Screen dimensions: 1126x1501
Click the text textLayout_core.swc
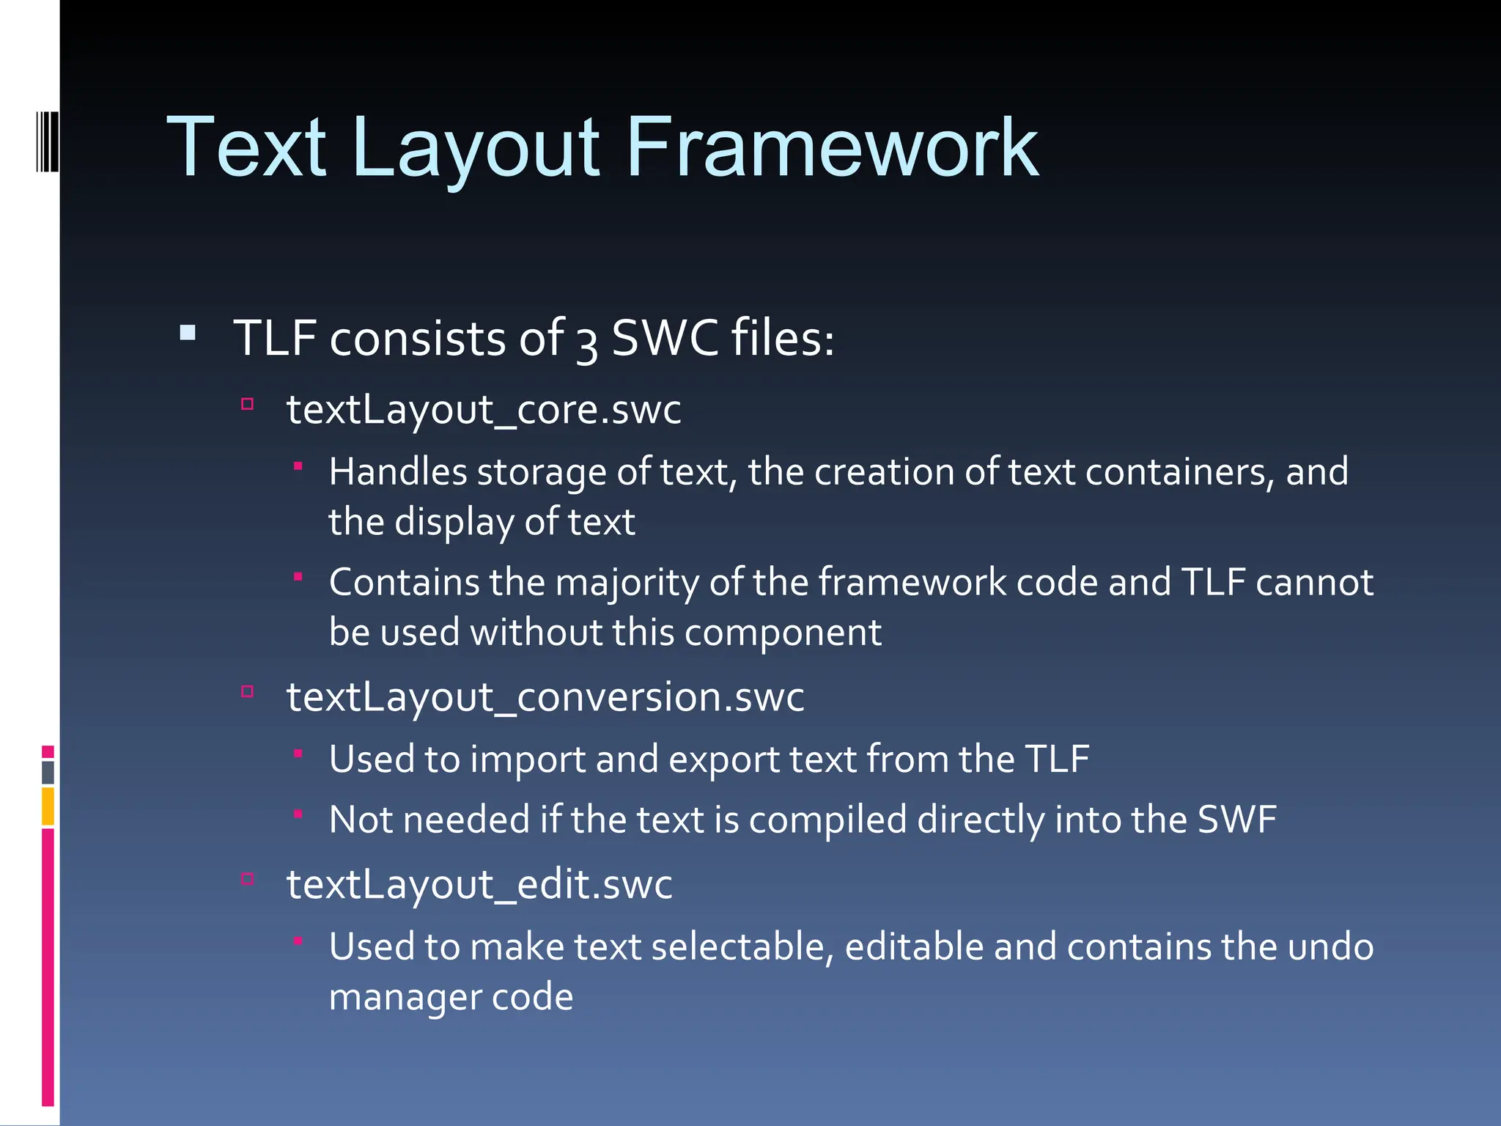[484, 409]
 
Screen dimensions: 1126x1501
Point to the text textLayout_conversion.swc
[545, 696]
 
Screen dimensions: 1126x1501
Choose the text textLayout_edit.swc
[479, 884]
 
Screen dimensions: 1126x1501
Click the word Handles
[398, 471]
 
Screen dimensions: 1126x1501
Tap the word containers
[1175, 471]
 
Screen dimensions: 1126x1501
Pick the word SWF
[1236, 819]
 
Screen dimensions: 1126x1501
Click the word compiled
[827, 820]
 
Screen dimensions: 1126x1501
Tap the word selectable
[742, 946]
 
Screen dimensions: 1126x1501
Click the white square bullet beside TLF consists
[188, 334]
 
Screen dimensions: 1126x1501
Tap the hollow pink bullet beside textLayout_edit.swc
[248, 879]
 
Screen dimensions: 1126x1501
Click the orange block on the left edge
[48, 806]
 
